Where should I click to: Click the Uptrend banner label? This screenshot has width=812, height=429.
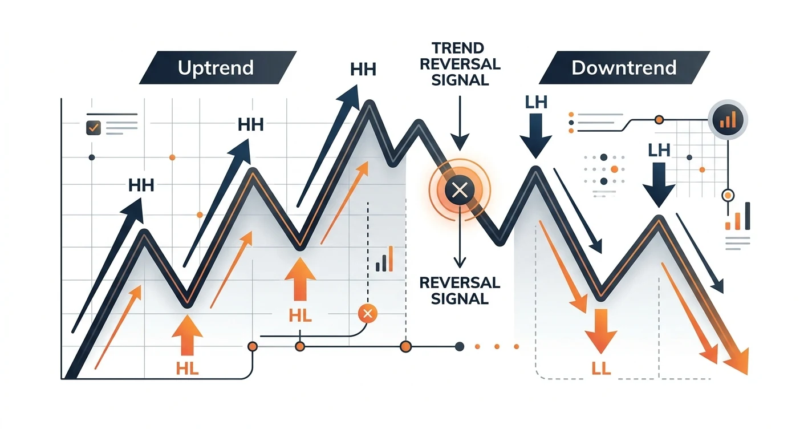pos(216,68)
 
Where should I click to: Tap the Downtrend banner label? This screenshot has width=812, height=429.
pos(624,68)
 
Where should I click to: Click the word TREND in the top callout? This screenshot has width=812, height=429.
pos(458,48)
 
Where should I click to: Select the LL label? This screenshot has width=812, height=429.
pos(601,369)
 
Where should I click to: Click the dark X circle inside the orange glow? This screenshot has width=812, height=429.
pos(460,190)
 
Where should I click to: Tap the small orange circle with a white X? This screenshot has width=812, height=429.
pos(368,314)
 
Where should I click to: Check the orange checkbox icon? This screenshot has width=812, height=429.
pos(94,128)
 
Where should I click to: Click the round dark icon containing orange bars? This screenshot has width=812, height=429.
pos(728,120)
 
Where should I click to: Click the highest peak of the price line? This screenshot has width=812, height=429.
pos(370,103)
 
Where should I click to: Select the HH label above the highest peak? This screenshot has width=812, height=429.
pos(363,69)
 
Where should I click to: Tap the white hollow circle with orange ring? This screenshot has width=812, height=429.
pos(728,196)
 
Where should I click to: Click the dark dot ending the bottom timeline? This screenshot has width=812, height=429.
pos(459,347)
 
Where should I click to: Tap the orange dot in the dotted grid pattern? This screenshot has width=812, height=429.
pos(614,169)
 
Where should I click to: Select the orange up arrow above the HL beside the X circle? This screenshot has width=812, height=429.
pos(300,279)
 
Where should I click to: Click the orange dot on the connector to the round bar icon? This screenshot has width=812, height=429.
pos(659,120)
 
